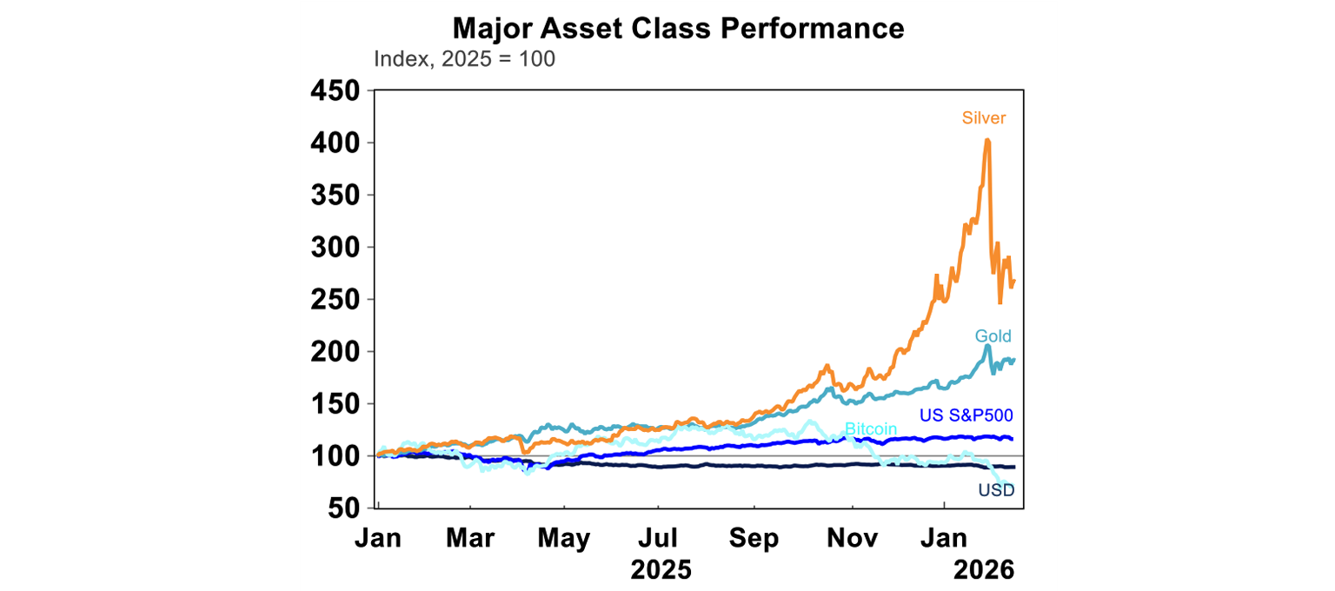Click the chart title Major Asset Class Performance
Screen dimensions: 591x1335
click(678, 28)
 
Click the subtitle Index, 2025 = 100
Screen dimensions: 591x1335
click(464, 59)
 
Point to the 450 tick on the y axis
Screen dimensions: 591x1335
click(335, 90)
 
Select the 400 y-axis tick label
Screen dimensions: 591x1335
click(335, 143)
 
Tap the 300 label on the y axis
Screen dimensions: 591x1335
click(335, 248)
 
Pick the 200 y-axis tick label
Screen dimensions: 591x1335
click(335, 352)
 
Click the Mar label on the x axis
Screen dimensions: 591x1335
click(470, 538)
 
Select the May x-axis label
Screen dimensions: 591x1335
click(564, 538)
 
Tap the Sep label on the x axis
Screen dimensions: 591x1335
click(754, 538)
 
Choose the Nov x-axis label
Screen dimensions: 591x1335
click(852, 538)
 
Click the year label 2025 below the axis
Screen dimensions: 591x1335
click(661, 570)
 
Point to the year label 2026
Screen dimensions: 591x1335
click(984, 570)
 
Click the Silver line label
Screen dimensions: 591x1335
click(983, 118)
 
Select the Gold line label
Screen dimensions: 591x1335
click(993, 335)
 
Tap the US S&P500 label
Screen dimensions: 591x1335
click(966, 415)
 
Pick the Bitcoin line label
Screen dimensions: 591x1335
click(871, 429)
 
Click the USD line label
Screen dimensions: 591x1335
click(996, 490)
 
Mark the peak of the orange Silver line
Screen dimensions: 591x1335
click(987, 140)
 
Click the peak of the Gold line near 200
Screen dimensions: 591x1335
click(988, 346)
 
